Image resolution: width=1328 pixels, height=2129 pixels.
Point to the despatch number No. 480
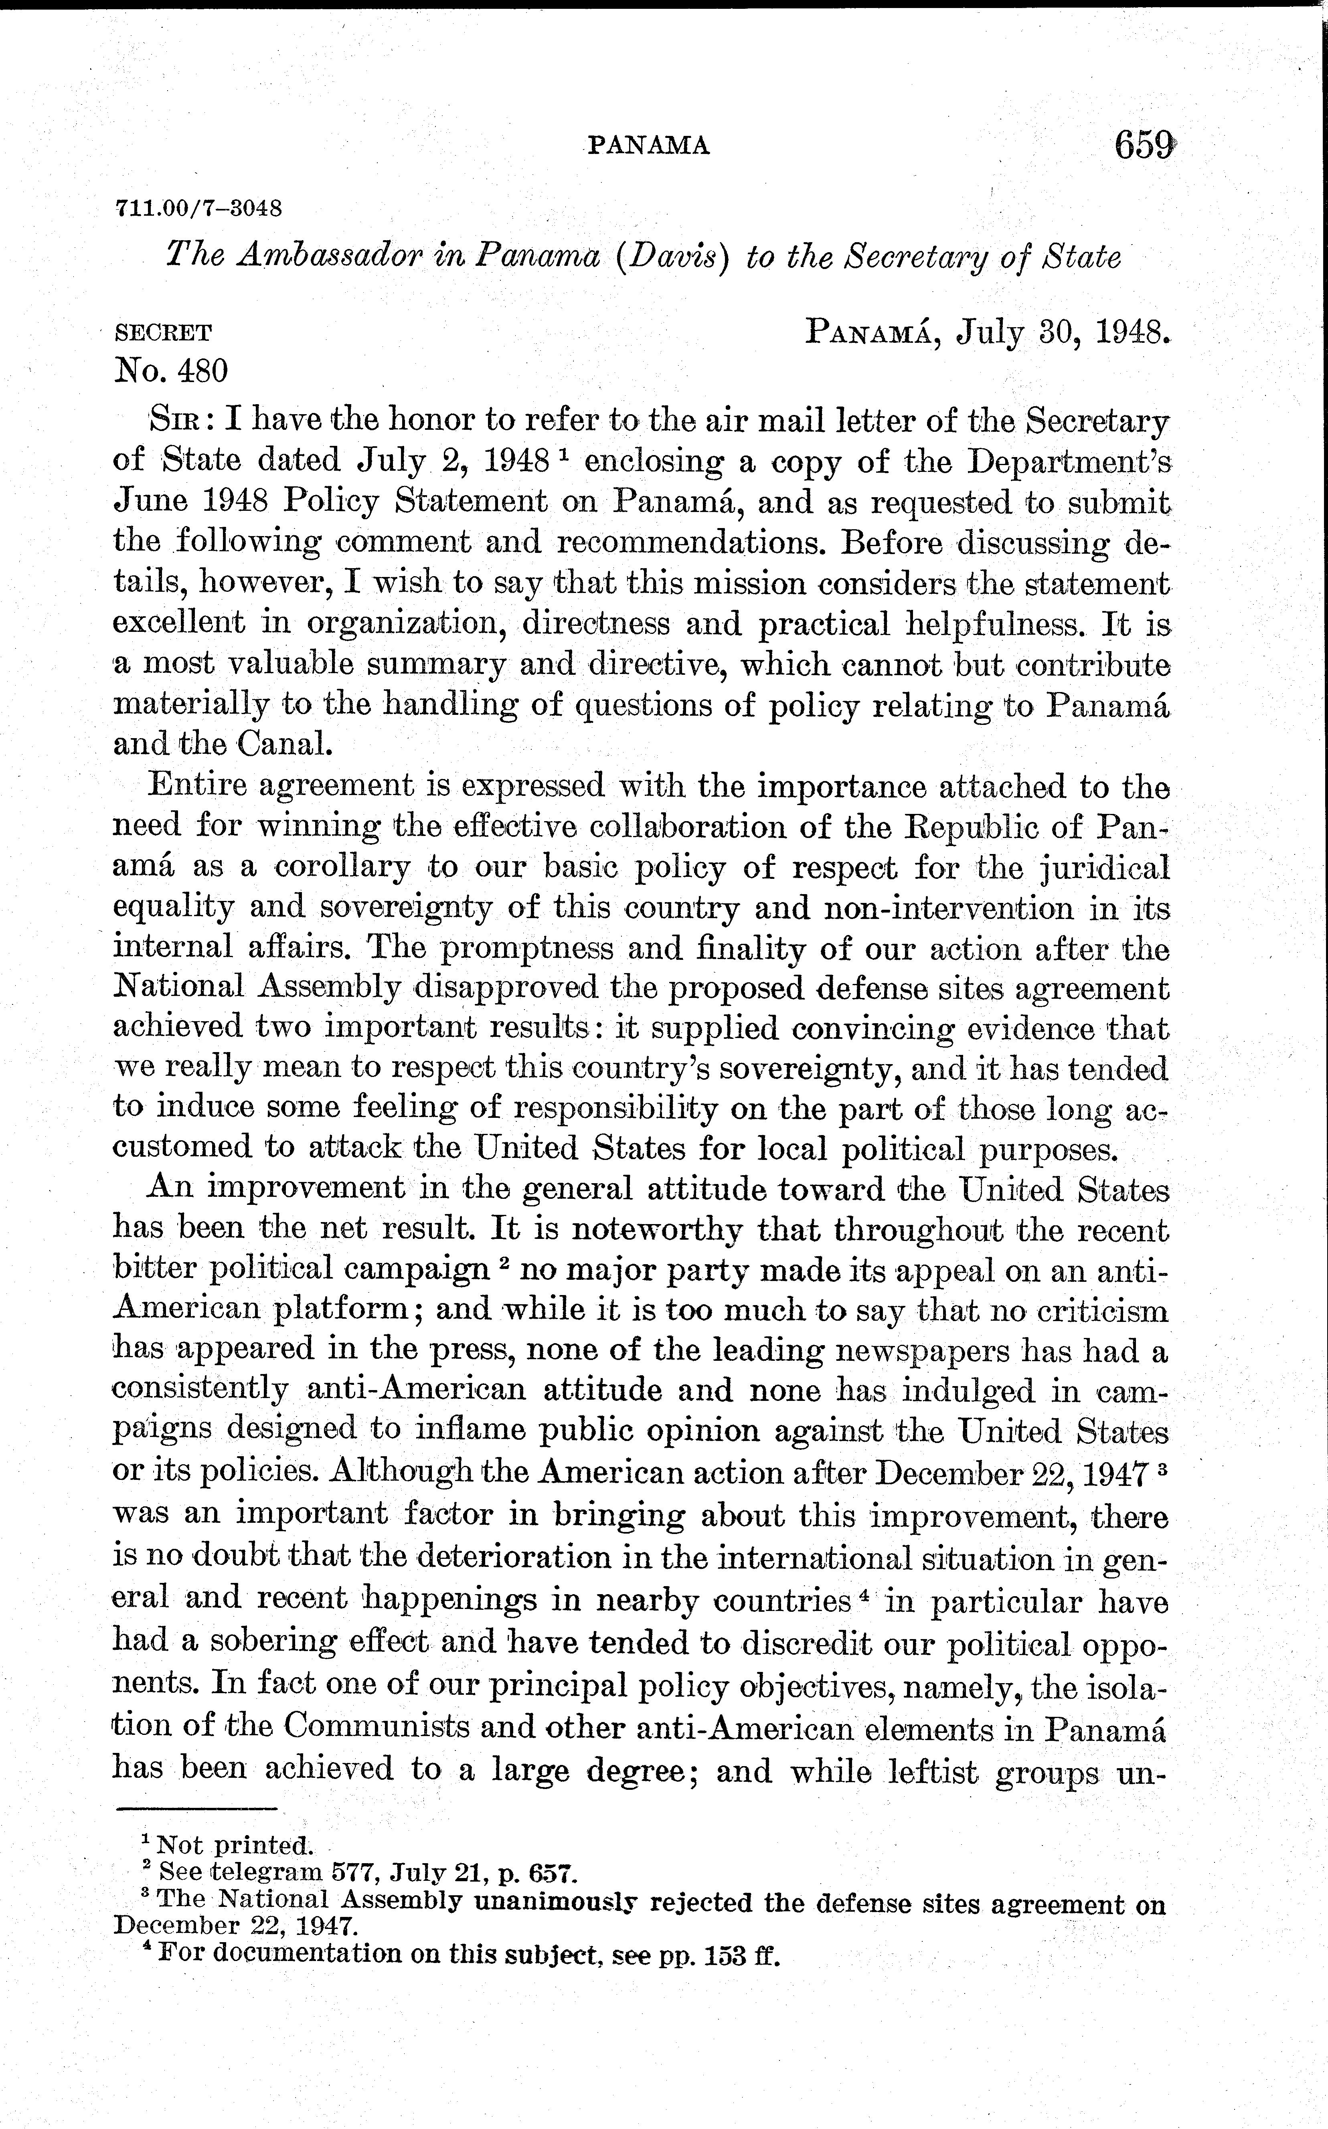point(171,372)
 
